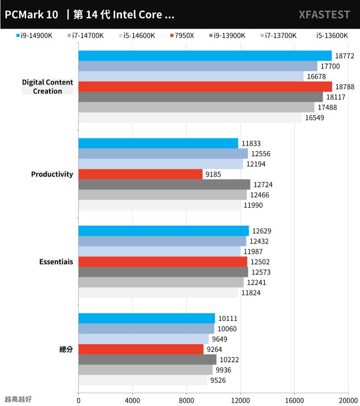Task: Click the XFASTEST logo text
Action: coord(325,15)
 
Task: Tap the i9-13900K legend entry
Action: coord(230,35)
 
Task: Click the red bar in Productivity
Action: coord(140,174)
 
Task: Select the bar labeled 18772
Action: coord(205,56)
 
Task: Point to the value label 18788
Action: coord(345,87)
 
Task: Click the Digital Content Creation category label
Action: coord(47,87)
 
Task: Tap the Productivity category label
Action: coord(52,174)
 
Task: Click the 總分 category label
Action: coord(66,350)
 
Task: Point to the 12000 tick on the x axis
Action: coord(240,400)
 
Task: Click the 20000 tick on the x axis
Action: coord(348,400)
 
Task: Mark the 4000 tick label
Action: coord(132,400)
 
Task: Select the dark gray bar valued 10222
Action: coord(148,360)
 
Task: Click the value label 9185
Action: coord(214,174)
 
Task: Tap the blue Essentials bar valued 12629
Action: coord(163,231)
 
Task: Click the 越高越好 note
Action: coord(18,399)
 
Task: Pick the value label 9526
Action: coord(218,380)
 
